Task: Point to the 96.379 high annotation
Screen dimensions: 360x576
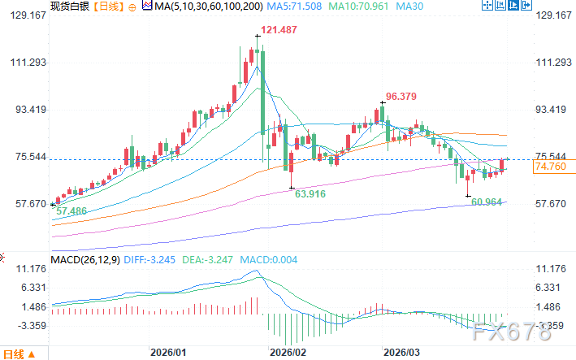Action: pyautogui.click(x=401, y=96)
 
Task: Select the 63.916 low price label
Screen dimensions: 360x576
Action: pyautogui.click(x=310, y=194)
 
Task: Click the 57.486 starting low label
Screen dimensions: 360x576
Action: pyautogui.click(x=71, y=210)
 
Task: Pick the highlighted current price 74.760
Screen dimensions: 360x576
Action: pyautogui.click(x=550, y=167)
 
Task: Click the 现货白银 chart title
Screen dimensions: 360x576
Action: pyautogui.click(x=69, y=7)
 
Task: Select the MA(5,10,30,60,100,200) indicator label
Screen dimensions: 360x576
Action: pyautogui.click(x=199, y=7)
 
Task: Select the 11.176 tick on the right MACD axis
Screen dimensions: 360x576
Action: pyautogui.click(x=549, y=268)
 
